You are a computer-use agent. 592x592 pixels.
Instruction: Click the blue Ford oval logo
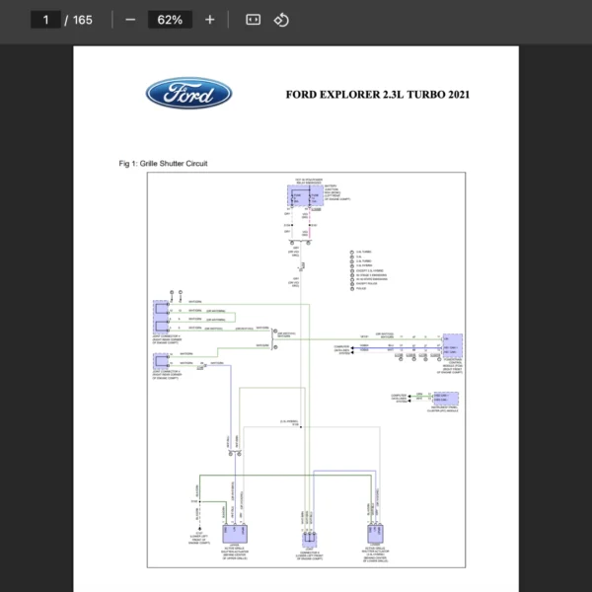189,95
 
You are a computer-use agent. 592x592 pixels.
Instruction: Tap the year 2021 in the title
456,95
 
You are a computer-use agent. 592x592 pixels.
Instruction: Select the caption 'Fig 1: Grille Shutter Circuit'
163,163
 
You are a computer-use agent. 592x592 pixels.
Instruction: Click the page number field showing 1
46,20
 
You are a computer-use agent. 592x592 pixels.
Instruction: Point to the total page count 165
82,20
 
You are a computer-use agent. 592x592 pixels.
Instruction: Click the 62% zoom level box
169,20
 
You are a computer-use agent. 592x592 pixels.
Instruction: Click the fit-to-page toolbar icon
253,20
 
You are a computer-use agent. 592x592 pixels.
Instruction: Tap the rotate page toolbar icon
281,20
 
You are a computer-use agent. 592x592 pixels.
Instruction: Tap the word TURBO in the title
412,95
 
